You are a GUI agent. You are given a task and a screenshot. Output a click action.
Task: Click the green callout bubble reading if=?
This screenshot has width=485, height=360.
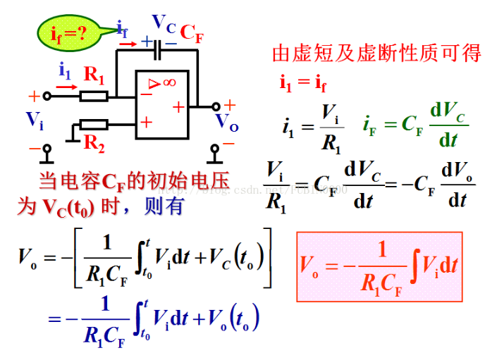68,33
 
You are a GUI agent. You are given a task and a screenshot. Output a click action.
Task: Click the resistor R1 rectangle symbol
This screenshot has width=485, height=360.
94,96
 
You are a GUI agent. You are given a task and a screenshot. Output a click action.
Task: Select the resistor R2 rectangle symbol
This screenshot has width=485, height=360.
94,125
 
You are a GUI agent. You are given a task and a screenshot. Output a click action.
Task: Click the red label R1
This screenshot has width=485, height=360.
94,74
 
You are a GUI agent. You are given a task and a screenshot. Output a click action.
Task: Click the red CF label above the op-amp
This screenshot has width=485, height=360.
191,32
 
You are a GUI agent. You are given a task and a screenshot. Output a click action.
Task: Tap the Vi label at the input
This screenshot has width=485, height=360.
35,120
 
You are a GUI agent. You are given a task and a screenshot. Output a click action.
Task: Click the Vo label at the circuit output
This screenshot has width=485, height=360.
226,121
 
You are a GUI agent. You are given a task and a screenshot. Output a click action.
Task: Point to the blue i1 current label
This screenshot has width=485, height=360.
65,70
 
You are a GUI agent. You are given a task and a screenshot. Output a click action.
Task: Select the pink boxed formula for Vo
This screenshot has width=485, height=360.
379,266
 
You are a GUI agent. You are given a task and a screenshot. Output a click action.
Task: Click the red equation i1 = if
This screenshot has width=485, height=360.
303,83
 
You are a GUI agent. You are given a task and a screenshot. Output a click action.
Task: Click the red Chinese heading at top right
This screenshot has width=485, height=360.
376,53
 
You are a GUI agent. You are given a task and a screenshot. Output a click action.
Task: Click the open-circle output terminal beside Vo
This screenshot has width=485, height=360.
215,107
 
